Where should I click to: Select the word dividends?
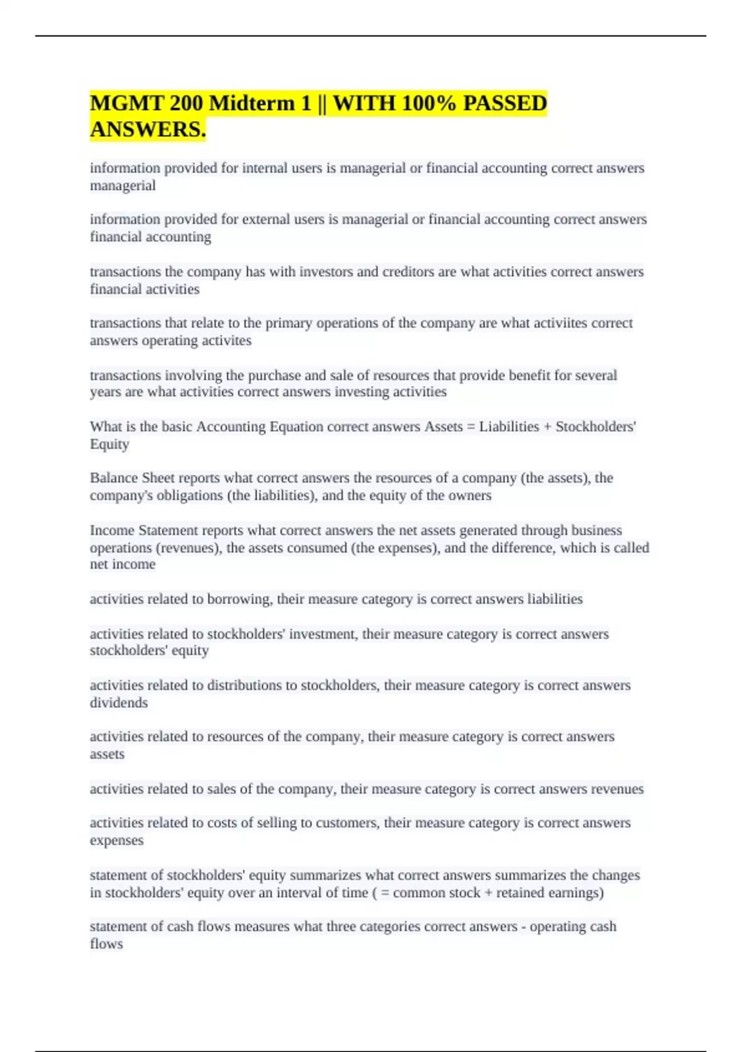pyautogui.click(x=119, y=703)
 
